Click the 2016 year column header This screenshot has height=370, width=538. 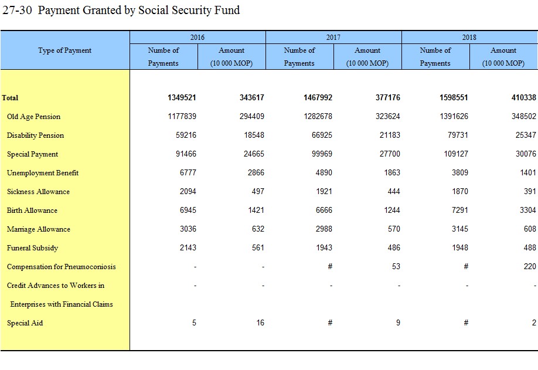tap(198, 37)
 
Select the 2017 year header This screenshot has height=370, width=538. tap(333, 37)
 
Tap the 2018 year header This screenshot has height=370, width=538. tap(469, 37)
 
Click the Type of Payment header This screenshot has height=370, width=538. tap(65, 50)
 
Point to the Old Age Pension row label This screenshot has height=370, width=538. tap(33, 117)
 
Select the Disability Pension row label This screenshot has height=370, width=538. tap(35, 135)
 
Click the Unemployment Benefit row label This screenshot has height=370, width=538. tap(43, 173)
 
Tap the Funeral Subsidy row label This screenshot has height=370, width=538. tap(33, 248)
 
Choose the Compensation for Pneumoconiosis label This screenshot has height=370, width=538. tap(62, 267)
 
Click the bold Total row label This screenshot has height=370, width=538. tap(10, 98)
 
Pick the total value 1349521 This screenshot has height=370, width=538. tap(182, 98)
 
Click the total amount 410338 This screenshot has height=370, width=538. tap(523, 98)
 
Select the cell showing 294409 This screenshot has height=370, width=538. tap(252, 116)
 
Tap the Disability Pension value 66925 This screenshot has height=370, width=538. tap(322, 135)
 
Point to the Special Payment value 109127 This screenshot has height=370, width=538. tap(456, 154)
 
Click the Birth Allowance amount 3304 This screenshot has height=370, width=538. tap(527, 210)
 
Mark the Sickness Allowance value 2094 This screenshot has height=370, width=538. tap(188, 191)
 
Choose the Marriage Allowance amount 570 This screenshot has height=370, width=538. tap(394, 229)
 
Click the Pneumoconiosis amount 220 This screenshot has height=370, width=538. tap(530, 266)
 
